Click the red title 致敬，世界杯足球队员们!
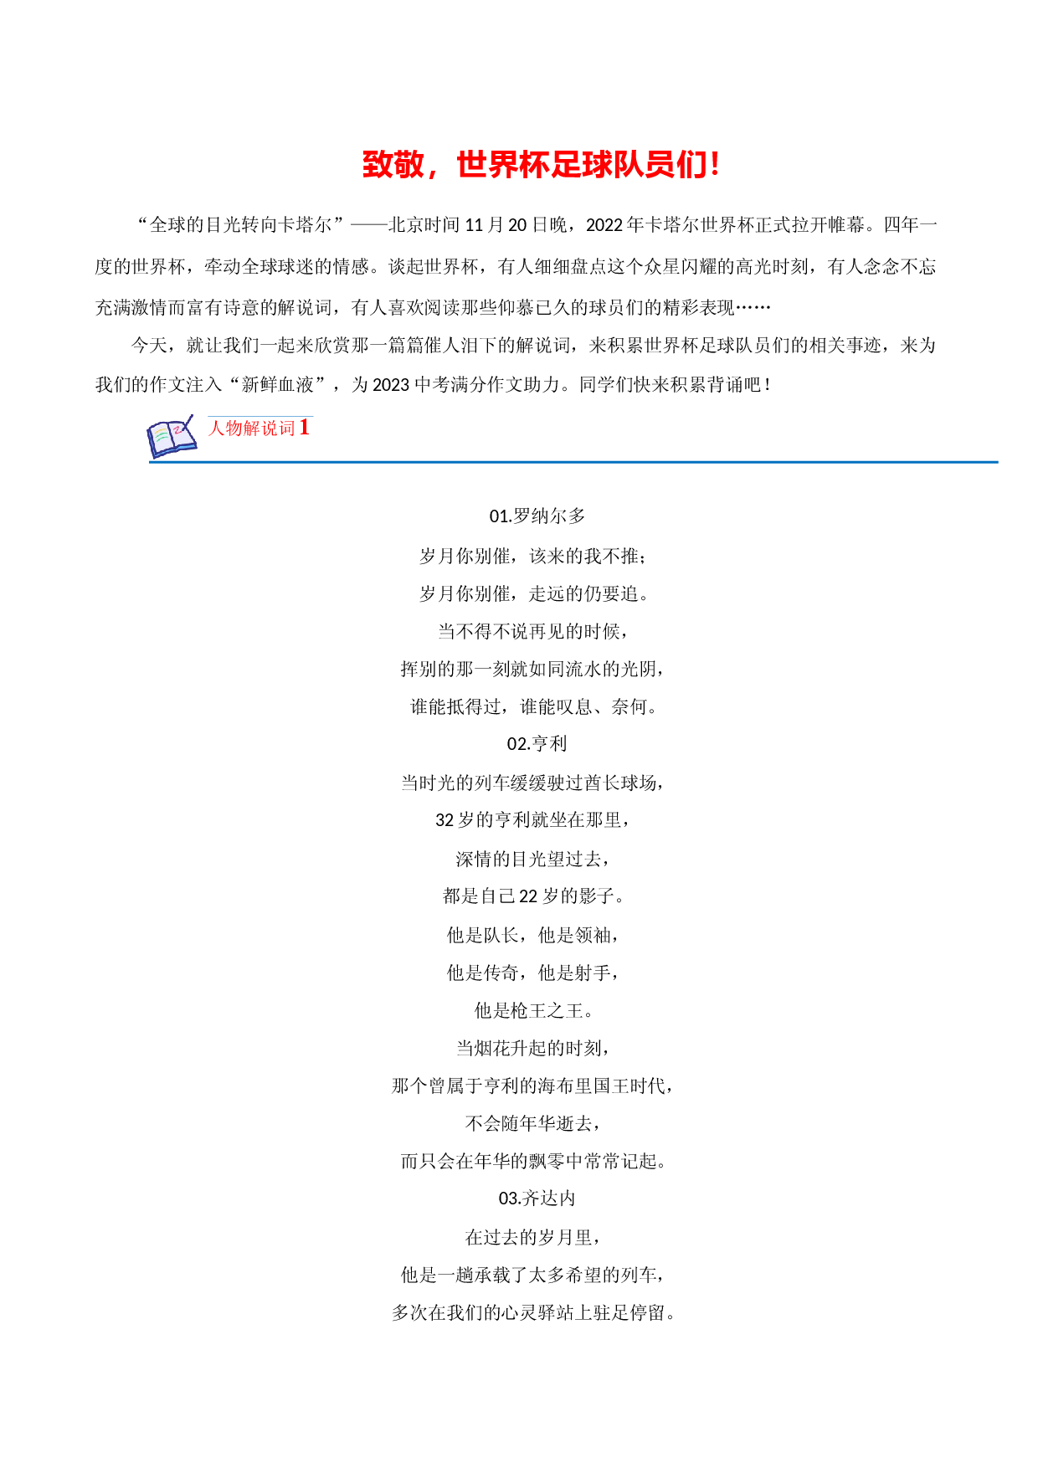pos(540,165)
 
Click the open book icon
pos(172,436)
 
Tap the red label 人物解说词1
pos(259,428)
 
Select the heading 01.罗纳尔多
pos(537,516)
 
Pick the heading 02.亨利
pos(537,744)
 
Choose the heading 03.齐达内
pos(537,1199)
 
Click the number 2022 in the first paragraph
pos(604,225)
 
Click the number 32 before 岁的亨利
pos(444,820)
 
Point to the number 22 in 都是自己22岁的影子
pos(528,896)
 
